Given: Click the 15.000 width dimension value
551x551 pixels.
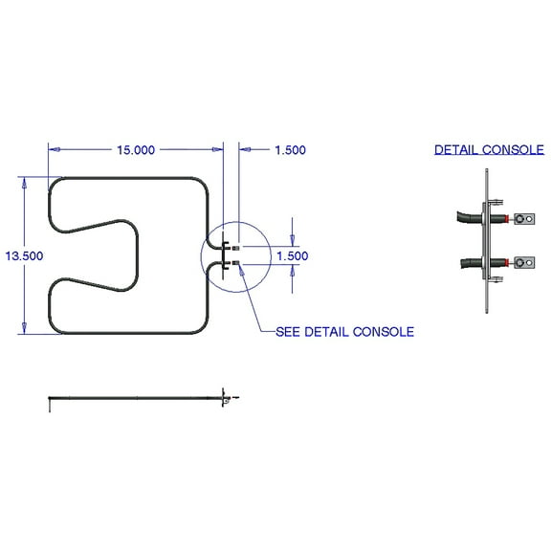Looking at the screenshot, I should pos(136,149).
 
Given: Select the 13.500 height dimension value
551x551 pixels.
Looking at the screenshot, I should pos(24,256).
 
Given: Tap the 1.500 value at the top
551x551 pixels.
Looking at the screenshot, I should pos(290,149).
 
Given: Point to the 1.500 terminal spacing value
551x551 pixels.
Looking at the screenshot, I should pos(292,256).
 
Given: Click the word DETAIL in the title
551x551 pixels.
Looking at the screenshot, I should pos(455,149).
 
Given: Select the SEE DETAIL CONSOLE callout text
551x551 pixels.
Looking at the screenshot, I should pos(344,332).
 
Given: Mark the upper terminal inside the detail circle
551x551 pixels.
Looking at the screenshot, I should pos(234,246).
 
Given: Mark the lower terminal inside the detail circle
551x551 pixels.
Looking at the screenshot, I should pos(234,261).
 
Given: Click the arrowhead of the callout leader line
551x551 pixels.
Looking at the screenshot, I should pos(241,269).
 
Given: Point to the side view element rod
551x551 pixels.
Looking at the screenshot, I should pos(134,396).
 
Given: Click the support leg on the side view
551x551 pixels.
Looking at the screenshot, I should pos(51,405).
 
